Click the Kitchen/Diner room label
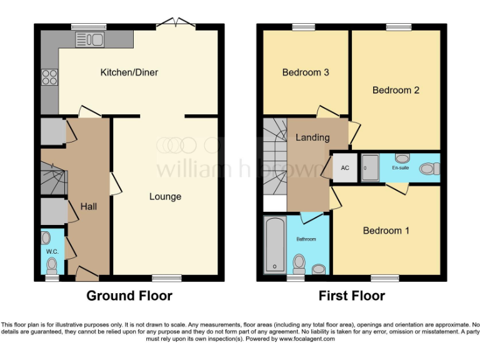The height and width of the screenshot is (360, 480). click(x=129, y=72)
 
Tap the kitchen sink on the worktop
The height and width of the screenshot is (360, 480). click(x=89, y=40)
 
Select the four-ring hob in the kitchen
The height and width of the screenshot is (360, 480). click(x=49, y=78)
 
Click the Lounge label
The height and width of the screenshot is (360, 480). click(x=165, y=196)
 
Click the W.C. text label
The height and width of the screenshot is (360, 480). click(x=51, y=252)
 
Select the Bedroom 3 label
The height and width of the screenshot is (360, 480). click(x=306, y=72)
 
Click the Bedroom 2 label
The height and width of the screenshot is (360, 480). click(x=396, y=90)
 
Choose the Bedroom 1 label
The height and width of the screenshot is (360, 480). click(x=386, y=231)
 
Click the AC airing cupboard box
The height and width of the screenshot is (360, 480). click(x=344, y=168)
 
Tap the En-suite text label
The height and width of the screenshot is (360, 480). click(x=401, y=168)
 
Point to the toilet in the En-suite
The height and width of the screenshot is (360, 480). click(x=429, y=168)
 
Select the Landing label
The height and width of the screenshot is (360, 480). click(x=312, y=137)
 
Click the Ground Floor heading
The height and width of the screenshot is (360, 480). click(x=129, y=296)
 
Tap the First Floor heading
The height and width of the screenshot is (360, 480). click(x=352, y=296)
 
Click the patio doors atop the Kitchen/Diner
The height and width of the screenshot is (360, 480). click(x=175, y=24)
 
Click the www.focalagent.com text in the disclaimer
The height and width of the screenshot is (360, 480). click(x=307, y=339)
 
